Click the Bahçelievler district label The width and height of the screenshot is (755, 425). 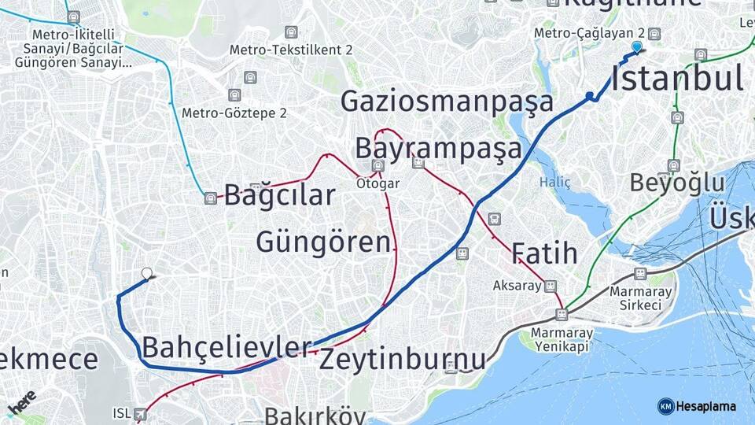(226, 346)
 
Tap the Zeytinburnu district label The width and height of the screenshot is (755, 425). (403, 360)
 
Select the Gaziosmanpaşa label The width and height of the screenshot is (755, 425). (447, 102)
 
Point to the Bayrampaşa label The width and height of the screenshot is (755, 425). (438, 148)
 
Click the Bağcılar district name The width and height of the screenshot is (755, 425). (279, 195)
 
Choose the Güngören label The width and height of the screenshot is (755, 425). (323, 241)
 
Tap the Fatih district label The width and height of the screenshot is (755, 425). (544, 253)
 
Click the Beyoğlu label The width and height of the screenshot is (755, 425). (677, 183)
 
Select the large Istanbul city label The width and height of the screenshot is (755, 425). (677, 79)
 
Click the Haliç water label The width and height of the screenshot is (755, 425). (555, 182)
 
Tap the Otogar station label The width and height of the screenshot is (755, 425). (378, 183)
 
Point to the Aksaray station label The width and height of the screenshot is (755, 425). (517, 285)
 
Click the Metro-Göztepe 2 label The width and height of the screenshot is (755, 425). (234, 113)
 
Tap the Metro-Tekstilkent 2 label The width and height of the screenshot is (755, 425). (290, 50)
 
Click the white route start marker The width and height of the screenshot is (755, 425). (146, 274)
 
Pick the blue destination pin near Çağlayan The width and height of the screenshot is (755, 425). (636, 47)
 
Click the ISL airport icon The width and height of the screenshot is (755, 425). (141, 413)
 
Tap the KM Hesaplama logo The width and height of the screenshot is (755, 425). (697, 406)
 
